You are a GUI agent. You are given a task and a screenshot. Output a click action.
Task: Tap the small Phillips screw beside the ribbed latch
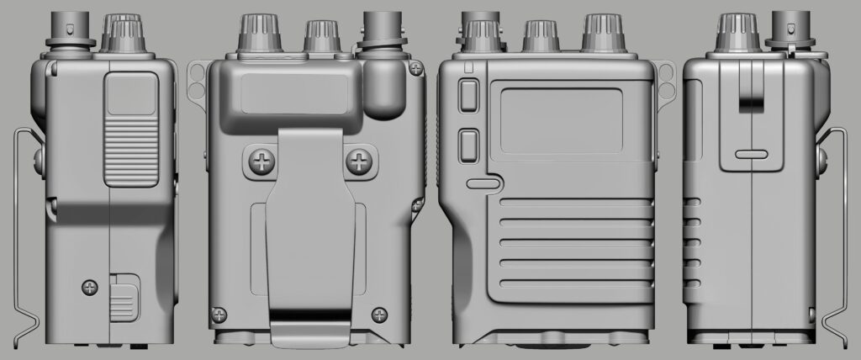point(90,288)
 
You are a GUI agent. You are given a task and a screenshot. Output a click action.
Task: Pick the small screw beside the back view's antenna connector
point(415,67)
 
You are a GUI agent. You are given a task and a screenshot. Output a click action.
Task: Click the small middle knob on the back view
point(320,35)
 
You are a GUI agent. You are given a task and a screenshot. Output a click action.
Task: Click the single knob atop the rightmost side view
point(735,32)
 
